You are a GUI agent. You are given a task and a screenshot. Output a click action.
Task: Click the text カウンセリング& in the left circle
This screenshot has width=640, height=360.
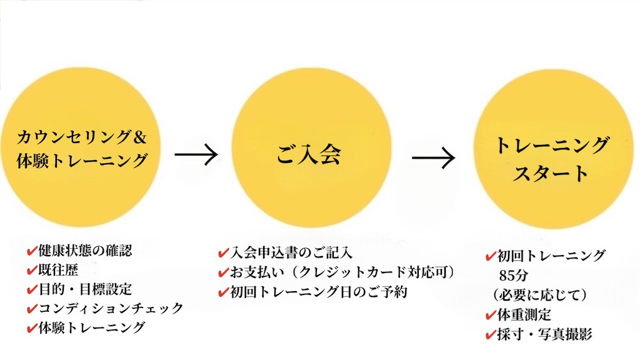coord(82,137)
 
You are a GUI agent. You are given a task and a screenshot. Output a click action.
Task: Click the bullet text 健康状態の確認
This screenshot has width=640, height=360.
coord(85,251)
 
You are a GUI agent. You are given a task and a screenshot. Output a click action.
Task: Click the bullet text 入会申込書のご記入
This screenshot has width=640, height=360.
coord(291,253)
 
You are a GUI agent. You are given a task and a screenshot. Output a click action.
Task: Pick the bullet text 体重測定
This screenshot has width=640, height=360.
coord(524,314)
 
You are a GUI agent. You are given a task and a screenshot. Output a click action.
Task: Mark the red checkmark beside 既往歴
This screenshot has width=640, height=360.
coord(31,270)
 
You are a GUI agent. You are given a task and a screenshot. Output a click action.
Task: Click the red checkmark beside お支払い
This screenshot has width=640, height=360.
coord(222,272)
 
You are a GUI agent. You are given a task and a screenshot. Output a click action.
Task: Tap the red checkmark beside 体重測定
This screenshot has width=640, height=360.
coord(491,314)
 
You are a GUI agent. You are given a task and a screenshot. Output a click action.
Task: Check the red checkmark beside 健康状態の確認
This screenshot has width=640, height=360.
coord(31,251)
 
